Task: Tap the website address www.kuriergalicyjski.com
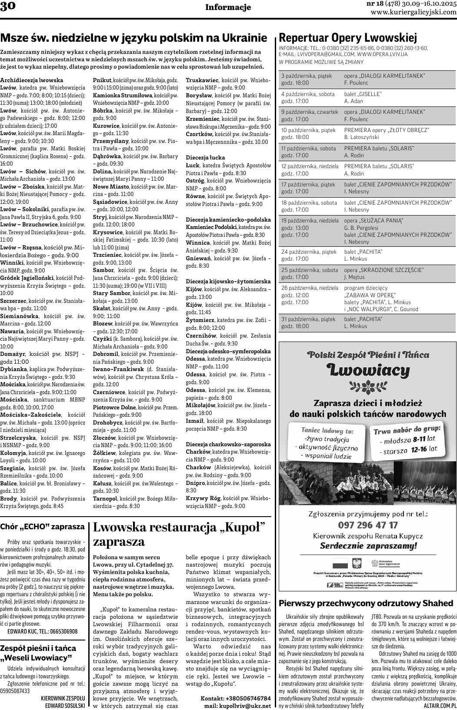tap(414, 13)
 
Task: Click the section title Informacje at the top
tap(228, 7)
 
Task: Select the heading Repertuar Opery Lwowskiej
tap(347, 37)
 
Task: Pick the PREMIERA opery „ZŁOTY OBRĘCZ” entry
tap(386, 130)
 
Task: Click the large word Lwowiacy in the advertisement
tap(368, 370)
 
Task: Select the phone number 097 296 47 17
tap(367, 525)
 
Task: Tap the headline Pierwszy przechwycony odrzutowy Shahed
tap(366, 603)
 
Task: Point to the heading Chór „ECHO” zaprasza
tap(42, 527)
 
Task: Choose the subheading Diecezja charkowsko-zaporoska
tap(228, 444)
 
